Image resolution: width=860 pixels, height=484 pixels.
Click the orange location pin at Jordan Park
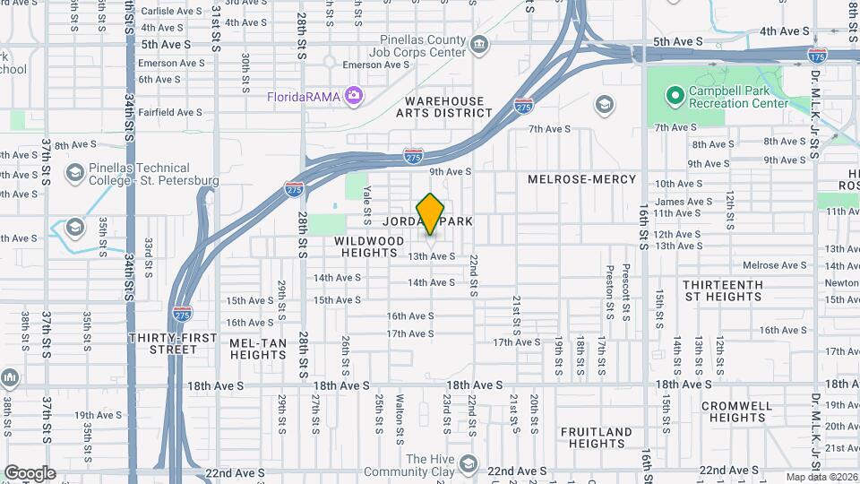(431, 213)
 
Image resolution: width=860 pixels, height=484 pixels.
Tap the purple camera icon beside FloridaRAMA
(355, 95)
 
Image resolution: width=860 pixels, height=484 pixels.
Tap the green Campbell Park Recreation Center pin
(673, 94)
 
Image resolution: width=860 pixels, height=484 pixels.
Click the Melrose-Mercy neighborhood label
(581, 179)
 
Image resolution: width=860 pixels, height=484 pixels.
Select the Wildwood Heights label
(370, 246)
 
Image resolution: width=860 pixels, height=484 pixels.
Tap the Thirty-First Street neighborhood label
(162, 343)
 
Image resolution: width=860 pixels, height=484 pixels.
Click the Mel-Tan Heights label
(258, 349)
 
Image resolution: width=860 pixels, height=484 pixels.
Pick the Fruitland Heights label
(597, 437)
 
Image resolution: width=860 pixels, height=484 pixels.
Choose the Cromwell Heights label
(736, 411)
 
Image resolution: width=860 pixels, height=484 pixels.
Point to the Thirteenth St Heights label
(723, 290)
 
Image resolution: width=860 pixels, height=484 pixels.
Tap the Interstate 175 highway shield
(816, 56)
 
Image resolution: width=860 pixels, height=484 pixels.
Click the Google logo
(30, 473)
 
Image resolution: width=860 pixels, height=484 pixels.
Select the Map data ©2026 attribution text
(821, 477)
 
